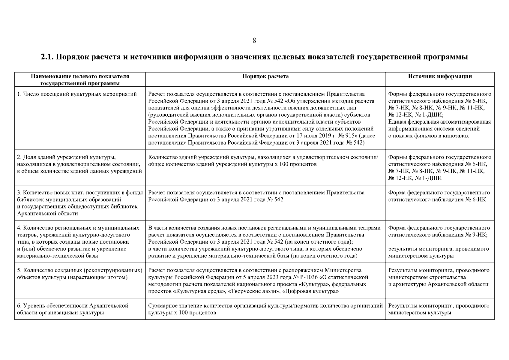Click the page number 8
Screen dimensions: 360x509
coord(254,40)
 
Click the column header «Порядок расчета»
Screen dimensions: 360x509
coord(265,76)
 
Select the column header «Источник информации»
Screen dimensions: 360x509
coord(440,76)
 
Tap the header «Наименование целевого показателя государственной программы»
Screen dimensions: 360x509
coord(80,79)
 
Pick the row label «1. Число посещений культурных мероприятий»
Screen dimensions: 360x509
coord(77,94)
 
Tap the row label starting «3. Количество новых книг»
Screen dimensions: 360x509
coord(80,193)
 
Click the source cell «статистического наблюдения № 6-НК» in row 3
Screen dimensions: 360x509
coord(437,199)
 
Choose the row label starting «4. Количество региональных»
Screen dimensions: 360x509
coord(78,228)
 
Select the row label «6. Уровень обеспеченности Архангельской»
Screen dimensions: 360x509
coord(73,305)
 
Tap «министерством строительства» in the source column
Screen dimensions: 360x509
coord(427,277)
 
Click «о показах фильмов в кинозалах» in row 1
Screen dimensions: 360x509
coord(428,136)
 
